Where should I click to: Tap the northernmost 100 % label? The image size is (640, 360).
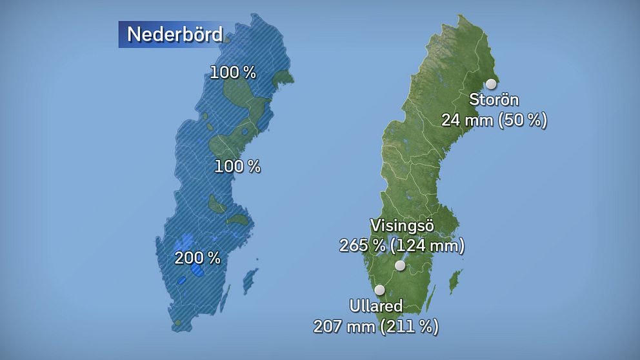click(x=233, y=73)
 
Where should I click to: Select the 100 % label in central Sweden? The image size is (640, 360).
click(x=237, y=166)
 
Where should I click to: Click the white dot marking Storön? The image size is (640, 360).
click(x=491, y=84)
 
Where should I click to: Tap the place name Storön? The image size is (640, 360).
click(x=494, y=101)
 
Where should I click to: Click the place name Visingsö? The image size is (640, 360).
click(x=401, y=226)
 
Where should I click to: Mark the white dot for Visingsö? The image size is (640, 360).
click(x=400, y=266)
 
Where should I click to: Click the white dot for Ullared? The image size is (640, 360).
click(x=379, y=290)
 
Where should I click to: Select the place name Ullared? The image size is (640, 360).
click(x=376, y=306)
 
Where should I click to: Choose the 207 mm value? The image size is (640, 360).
click(x=343, y=326)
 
